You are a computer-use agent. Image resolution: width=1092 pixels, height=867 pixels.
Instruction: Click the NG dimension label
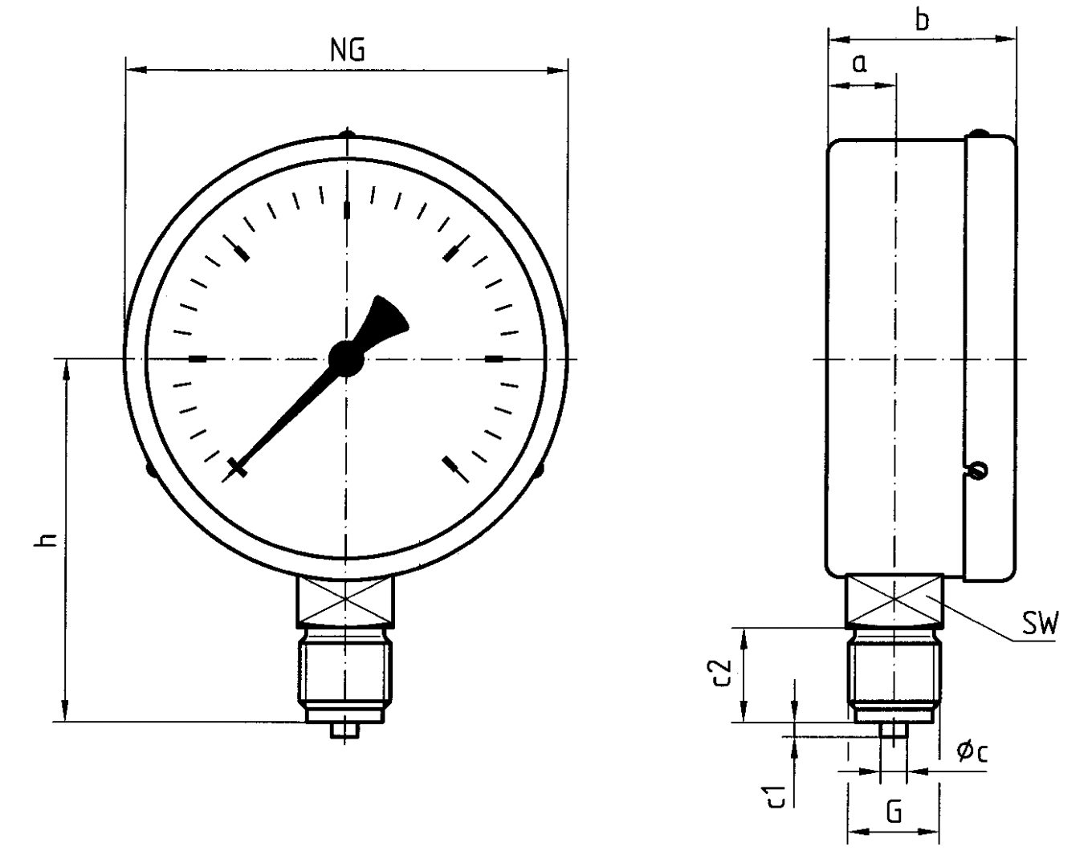[x=347, y=50]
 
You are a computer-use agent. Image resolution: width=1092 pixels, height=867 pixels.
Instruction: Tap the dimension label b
[x=923, y=20]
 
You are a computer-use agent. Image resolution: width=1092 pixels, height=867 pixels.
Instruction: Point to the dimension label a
[x=859, y=64]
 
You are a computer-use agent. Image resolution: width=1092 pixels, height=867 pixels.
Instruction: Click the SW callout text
[x=1041, y=623]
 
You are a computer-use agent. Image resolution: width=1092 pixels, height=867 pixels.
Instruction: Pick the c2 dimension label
[x=723, y=673]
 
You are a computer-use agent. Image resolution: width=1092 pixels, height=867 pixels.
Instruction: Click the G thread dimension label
[x=894, y=812]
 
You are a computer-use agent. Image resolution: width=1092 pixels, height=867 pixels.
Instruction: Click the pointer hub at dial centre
[x=346, y=358]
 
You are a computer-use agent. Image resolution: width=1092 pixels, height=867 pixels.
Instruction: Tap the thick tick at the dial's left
[x=198, y=359]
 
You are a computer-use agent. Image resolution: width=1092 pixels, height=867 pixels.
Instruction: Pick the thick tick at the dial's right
[x=495, y=359]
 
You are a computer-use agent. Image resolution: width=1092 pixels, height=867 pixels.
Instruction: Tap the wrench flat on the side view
[x=894, y=600]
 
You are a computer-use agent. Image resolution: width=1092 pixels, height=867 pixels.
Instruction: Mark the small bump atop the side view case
[x=979, y=133]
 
